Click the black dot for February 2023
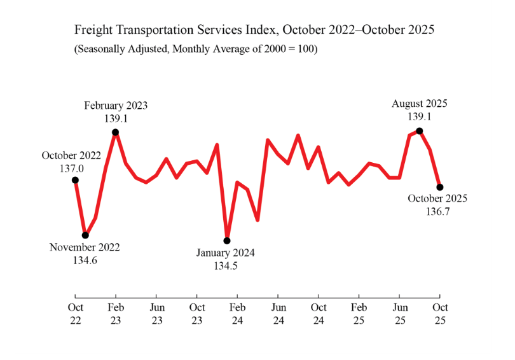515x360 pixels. click(116, 132)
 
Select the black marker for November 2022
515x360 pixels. click(85, 235)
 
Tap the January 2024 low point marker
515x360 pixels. click(227, 240)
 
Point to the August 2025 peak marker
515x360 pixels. click(419, 131)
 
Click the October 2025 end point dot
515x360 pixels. click(439, 187)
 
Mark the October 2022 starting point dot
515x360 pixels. click(75, 180)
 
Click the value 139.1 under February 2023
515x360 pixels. click(116, 118)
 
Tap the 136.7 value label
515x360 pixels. click(437, 211)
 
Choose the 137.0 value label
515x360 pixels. click(72, 168)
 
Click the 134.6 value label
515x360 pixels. click(85, 260)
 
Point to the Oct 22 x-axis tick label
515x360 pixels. click(75, 314)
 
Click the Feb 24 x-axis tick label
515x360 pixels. click(237, 314)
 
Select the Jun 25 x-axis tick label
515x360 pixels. click(399, 314)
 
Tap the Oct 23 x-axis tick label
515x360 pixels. click(196, 314)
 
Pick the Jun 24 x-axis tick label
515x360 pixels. click(278, 314)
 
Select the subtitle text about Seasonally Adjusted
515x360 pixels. click(196, 49)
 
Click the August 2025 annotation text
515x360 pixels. click(419, 103)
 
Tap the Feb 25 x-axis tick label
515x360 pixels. click(359, 314)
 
